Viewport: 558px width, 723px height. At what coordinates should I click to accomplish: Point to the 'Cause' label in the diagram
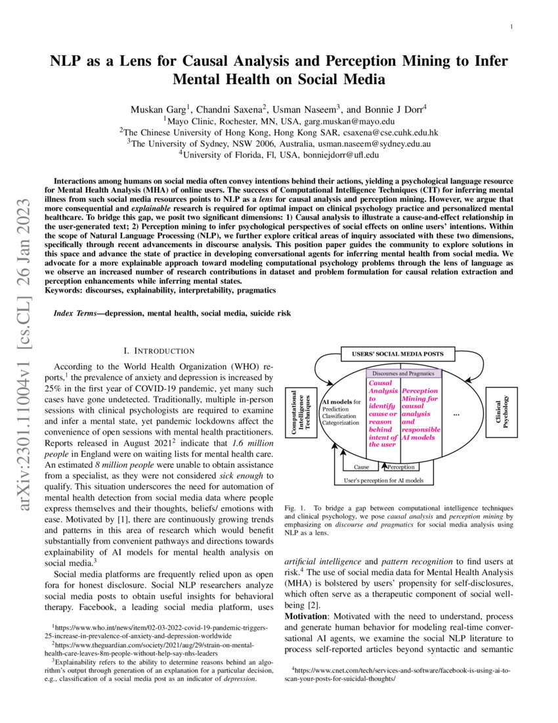pyautogui.click(x=361, y=467)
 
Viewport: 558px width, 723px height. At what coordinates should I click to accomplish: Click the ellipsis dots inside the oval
pyautogui.click(x=457, y=415)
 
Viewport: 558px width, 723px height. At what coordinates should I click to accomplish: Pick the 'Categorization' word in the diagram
pyautogui.click(x=341, y=423)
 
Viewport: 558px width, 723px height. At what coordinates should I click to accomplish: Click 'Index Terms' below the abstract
pyautogui.click(x=75, y=314)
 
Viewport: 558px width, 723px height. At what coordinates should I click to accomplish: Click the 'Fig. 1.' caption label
pyautogui.click(x=295, y=509)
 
